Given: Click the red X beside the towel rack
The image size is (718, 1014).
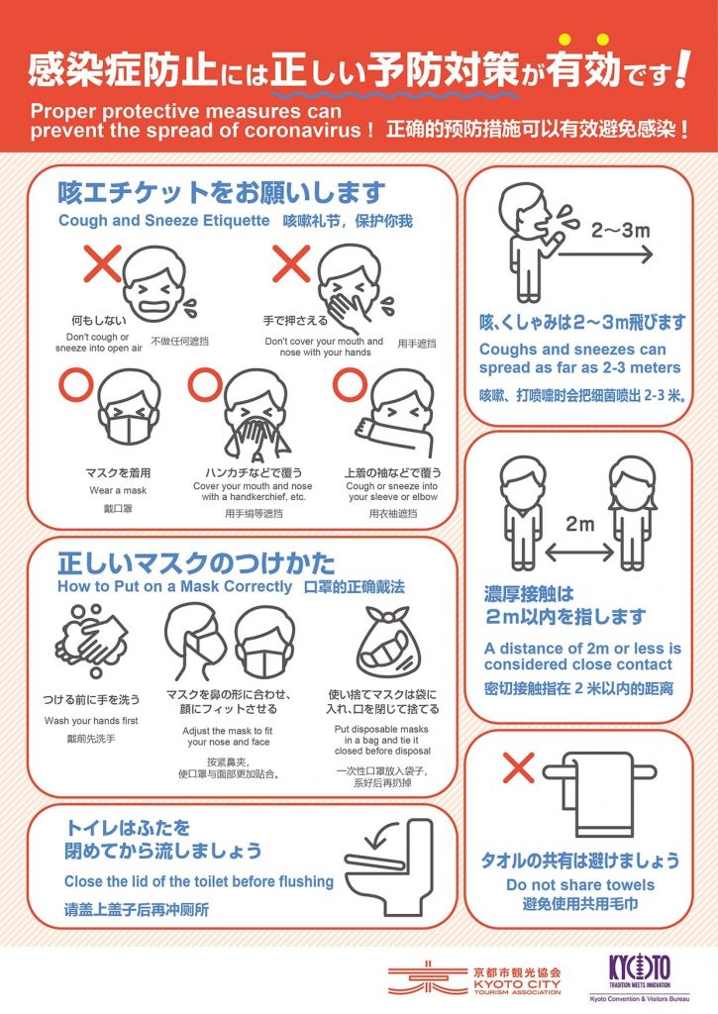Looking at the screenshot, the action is pyautogui.click(x=519, y=767).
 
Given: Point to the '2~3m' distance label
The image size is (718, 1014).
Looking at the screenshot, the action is pyautogui.click(x=620, y=230).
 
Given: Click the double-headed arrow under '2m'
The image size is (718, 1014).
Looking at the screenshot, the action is pyautogui.click(x=579, y=553).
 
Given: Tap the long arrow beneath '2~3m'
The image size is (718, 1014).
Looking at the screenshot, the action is pyautogui.click(x=605, y=254).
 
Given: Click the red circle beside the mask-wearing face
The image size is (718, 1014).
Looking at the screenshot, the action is pyautogui.click(x=76, y=384).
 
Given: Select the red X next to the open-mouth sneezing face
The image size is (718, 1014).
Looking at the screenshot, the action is pyautogui.click(x=102, y=263).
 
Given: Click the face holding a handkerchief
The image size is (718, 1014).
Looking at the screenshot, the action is pyautogui.click(x=256, y=414).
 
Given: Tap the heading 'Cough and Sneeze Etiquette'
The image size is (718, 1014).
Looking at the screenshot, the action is pyautogui.click(x=163, y=221).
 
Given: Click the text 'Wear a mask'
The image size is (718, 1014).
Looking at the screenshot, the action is pyautogui.click(x=118, y=490).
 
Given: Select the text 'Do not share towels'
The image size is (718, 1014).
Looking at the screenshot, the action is pyautogui.click(x=580, y=884).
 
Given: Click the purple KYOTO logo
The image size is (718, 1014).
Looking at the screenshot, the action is pyautogui.click(x=640, y=968).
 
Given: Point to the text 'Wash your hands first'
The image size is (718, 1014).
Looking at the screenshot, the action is pyautogui.click(x=91, y=721).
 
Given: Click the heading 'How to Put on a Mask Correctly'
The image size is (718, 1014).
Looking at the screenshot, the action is pyautogui.click(x=174, y=586).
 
